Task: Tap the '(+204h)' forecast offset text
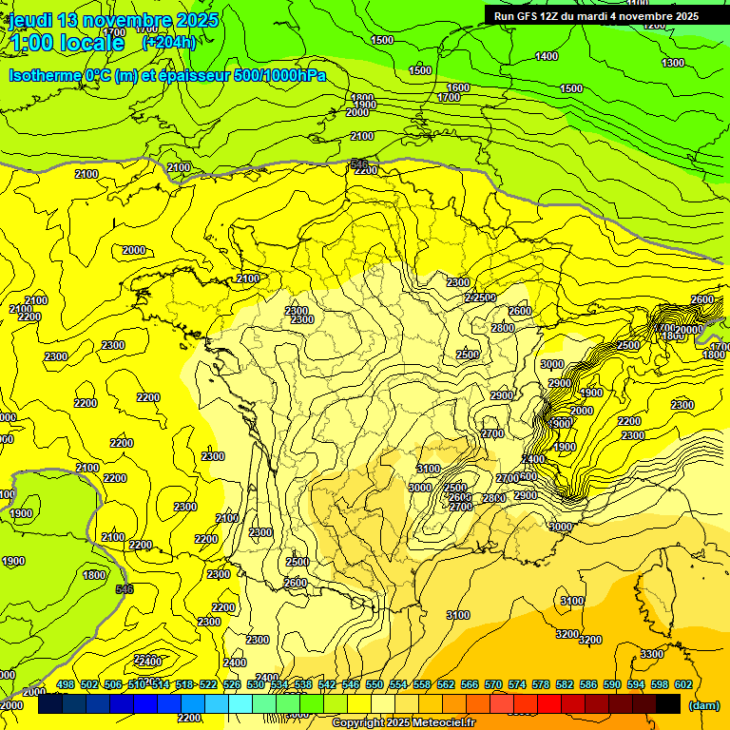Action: click(x=168, y=42)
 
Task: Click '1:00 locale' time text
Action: click(x=67, y=43)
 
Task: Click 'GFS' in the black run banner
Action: click(x=534, y=16)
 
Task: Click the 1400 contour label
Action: click(x=547, y=56)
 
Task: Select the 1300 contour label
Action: click(x=672, y=63)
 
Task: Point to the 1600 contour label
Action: click(x=458, y=87)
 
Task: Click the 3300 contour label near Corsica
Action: click(x=651, y=654)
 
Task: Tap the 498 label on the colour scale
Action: click(x=66, y=684)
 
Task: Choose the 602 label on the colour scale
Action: click(x=683, y=684)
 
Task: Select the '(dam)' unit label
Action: click(x=704, y=705)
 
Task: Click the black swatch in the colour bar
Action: click(x=668, y=704)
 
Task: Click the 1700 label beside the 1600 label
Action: click(x=449, y=97)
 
